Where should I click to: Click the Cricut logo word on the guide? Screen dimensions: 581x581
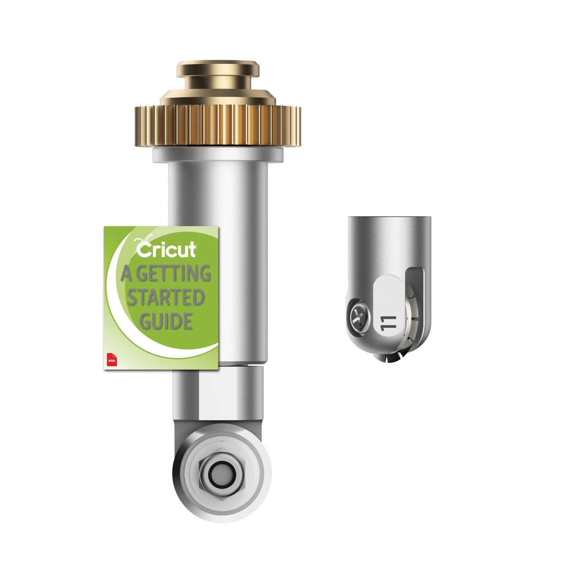coord(166,250)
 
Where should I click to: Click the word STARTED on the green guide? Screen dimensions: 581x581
coord(165,298)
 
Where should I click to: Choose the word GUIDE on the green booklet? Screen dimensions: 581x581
coord(165,322)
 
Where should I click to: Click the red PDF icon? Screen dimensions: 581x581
coord(110,360)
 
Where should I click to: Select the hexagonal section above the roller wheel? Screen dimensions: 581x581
coord(218,391)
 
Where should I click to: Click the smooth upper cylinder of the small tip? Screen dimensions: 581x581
coord(389,238)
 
